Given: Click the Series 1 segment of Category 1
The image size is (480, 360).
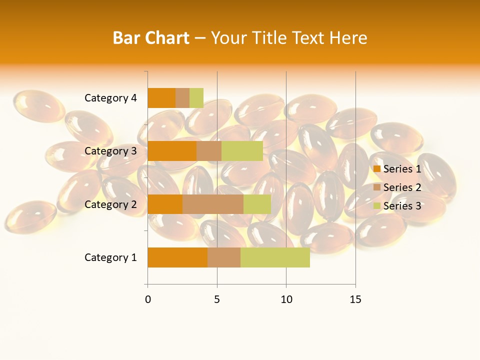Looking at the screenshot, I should tap(177, 257).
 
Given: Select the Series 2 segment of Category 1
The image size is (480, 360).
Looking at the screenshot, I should tap(224, 257).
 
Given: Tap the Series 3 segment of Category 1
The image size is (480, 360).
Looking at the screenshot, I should tap(275, 257).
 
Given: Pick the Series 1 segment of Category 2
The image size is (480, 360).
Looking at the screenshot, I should tap(165, 204).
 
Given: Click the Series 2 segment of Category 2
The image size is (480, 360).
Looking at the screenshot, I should tap(213, 204).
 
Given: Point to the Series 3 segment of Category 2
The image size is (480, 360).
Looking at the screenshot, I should tap(257, 204).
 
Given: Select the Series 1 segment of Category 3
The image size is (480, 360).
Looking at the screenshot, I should tap(172, 151).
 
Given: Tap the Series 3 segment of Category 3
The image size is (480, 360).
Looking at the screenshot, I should tap(242, 151).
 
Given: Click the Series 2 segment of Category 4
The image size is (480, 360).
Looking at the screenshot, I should tap(182, 98).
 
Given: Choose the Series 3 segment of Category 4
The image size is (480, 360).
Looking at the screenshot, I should tap(196, 98).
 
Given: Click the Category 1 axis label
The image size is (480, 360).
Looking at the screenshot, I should tap(110, 257).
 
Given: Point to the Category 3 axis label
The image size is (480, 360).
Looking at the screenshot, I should tap(110, 151).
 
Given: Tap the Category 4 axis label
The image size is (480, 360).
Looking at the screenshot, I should tap(110, 98).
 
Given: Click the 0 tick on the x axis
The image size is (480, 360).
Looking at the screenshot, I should tap(148, 299).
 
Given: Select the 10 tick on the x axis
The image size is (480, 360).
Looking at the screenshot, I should tap(286, 299).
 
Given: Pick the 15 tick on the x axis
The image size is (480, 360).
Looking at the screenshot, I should tap(355, 299).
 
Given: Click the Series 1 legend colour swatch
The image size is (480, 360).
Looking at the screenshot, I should tap(377, 169).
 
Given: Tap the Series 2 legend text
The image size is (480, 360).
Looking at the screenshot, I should tap(402, 187).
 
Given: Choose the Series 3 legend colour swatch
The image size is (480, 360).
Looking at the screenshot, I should tap(377, 206).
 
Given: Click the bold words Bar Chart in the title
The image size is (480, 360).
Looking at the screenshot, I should tap(151, 38).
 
